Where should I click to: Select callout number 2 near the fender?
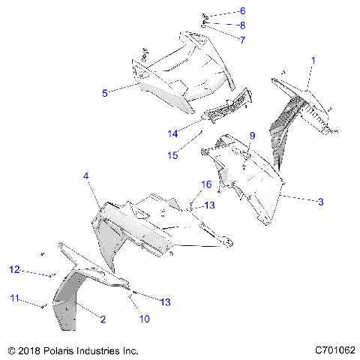click(x=103, y=319)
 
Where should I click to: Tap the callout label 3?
click(x=320, y=201)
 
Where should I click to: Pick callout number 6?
click(x=242, y=11)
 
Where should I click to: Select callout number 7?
click(x=242, y=39)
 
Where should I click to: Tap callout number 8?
click(x=242, y=25)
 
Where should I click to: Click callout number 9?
click(x=253, y=136)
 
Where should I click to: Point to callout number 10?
click(x=144, y=319)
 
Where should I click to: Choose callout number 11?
click(x=13, y=298)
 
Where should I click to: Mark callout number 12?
click(x=13, y=269)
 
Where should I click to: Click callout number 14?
click(x=172, y=133)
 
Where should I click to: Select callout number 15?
click(x=172, y=155)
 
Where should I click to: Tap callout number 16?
click(x=205, y=184)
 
